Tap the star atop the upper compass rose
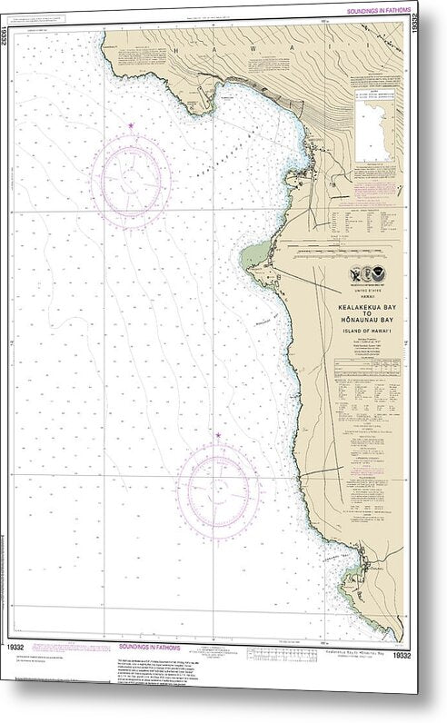click(x=131, y=125)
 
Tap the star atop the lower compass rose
click(x=217, y=437)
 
